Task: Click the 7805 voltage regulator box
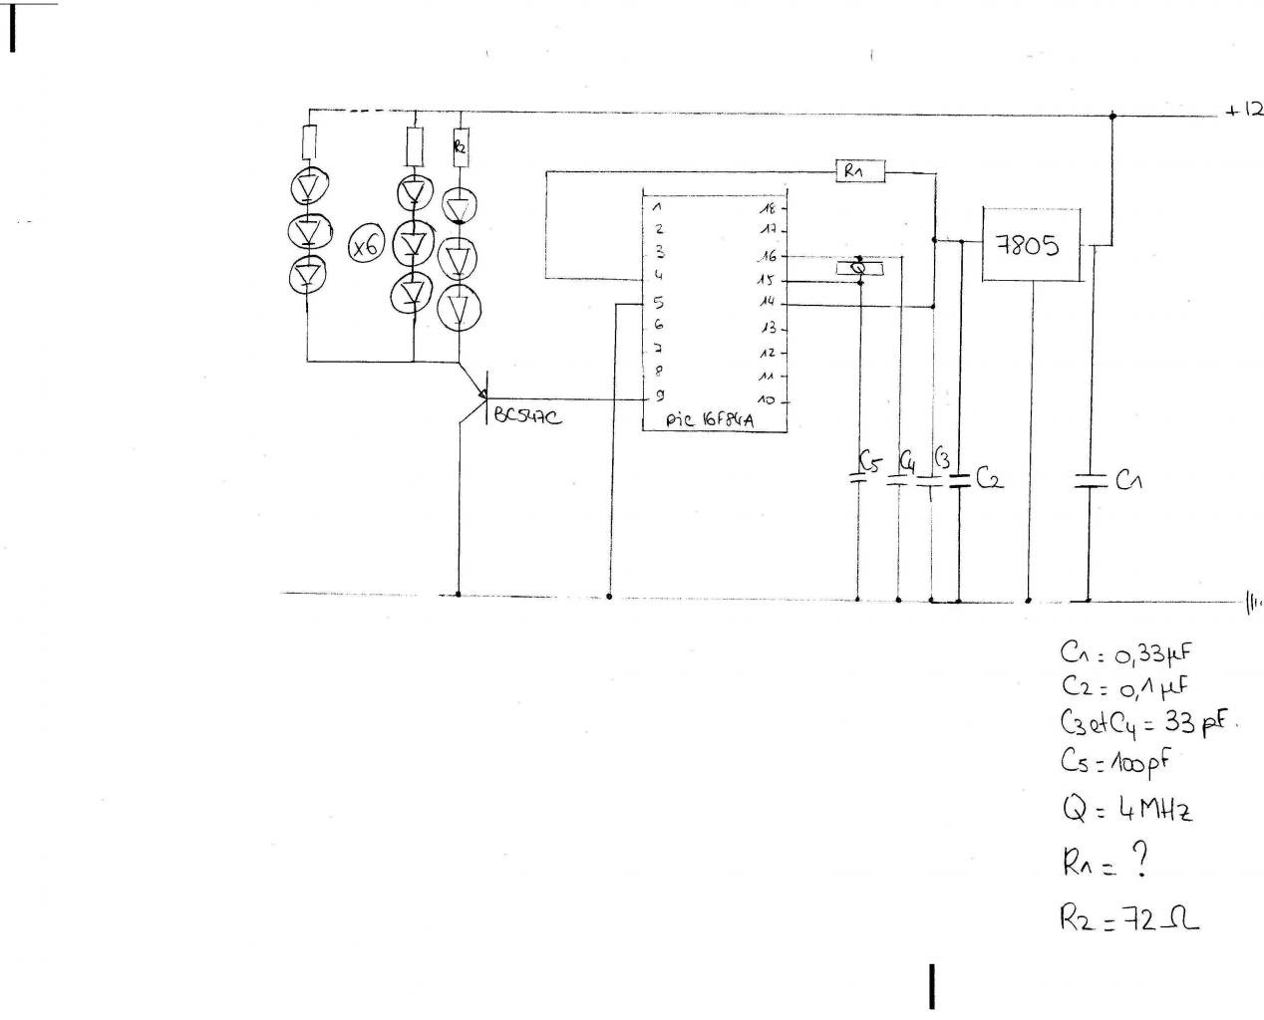(x=1032, y=244)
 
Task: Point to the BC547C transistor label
(x=525, y=417)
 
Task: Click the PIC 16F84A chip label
(x=711, y=420)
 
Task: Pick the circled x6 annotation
(x=366, y=246)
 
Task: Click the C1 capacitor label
(x=1128, y=481)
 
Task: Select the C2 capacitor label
(x=989, y=480)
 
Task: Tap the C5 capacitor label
(x=869, y=461)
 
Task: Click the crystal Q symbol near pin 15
(x=857, y=268)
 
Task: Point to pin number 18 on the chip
(x=768, y=208)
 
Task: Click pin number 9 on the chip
(x=659, y=395)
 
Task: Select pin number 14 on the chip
(x=768, y=302)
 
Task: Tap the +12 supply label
(x=1244, y=111)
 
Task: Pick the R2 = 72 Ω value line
(x=1129, y=918)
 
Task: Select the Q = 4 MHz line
(x=1126, y=808)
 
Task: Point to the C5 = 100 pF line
(x=1114, y=762)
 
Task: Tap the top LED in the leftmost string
(x=309, y=186)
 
